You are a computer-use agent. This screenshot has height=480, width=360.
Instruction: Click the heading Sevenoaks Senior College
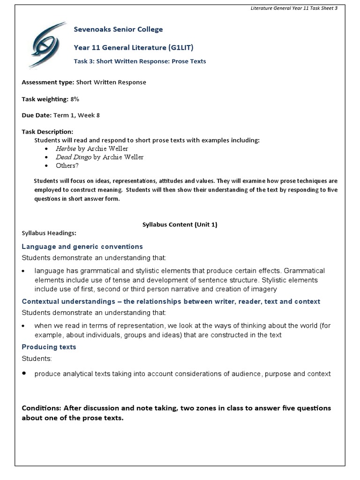click(x=118, y=30)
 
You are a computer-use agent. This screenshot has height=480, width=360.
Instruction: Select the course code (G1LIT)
click(x=180, y=47)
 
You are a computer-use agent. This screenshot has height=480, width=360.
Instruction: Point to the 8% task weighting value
click(x=74, y=99)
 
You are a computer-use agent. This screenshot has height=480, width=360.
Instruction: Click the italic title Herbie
click(x=66, y=149)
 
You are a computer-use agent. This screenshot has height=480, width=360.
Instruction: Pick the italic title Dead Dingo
click(x=74, y=157)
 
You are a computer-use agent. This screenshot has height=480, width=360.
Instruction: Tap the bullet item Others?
click(x=67, y=165)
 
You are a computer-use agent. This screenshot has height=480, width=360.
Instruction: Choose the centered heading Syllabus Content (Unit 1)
click(x=180, y=225)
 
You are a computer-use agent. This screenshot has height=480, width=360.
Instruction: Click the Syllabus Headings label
click(x=49, y=233)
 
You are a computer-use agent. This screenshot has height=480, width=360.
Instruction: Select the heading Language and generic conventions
click(x=82, y=247)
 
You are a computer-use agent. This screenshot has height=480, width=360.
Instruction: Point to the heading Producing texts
click(x=49, y=347)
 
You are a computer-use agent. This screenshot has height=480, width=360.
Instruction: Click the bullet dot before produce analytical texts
click(x=24, y=374)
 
